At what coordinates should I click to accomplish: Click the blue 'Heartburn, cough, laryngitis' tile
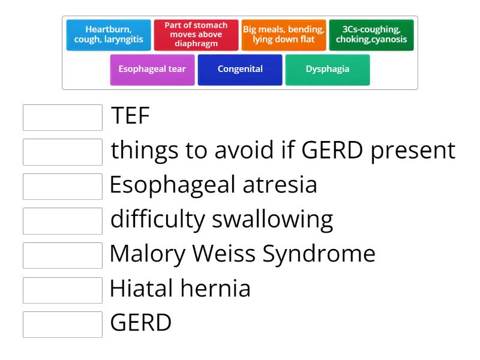109,35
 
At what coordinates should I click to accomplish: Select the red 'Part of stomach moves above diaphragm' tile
196,35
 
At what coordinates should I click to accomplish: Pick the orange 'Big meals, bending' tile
284,35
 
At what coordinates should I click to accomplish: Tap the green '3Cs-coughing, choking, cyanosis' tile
371,35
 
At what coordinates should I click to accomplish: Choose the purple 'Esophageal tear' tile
152,69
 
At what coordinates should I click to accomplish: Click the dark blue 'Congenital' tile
240,69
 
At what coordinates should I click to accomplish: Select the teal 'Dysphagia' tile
328,69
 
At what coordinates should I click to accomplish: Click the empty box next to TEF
63,118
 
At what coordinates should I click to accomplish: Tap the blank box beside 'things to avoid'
63,152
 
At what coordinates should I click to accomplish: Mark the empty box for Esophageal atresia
63,187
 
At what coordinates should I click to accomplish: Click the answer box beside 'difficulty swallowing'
63,221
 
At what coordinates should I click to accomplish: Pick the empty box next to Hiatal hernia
63,290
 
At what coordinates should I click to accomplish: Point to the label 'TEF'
130,116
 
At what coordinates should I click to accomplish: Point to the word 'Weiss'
226,254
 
